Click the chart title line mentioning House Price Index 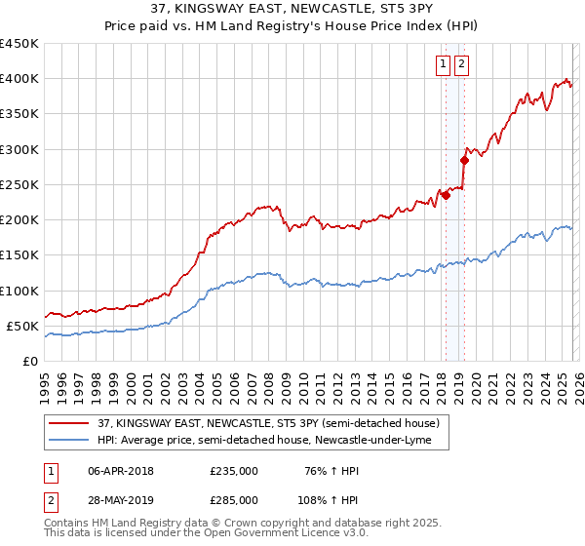(292, 27)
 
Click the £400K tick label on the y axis (19, 79)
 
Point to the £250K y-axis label (19, 184)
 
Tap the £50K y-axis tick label (22, 326)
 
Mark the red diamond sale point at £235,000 (446, 195)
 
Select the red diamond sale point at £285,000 (465, 160)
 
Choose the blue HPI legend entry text (271, 442)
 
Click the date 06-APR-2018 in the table (121, 472)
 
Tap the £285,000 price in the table (234, 499)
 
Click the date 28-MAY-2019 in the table (121, 499)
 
